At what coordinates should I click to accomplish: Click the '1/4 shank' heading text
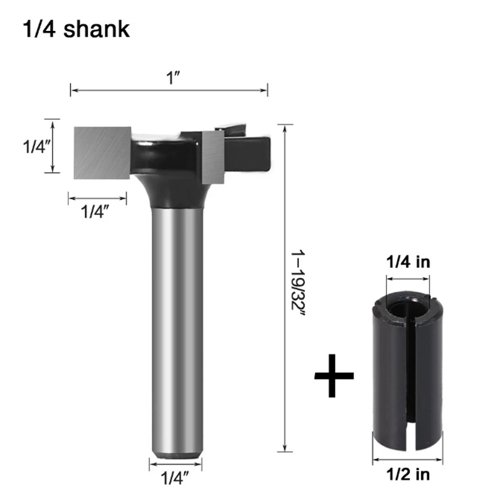(x=76, y=29)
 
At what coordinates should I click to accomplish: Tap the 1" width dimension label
(x=173, y=78)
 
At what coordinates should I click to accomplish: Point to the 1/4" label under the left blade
(x=95, y=211)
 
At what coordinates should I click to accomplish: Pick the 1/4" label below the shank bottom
(x=175, y=477)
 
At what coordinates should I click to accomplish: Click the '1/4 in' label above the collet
(x=408, y=262)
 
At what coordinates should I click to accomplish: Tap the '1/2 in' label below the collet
(x=408, y=474)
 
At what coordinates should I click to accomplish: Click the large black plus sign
(x=334, y=375)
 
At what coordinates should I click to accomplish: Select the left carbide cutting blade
(x=102, y=153)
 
